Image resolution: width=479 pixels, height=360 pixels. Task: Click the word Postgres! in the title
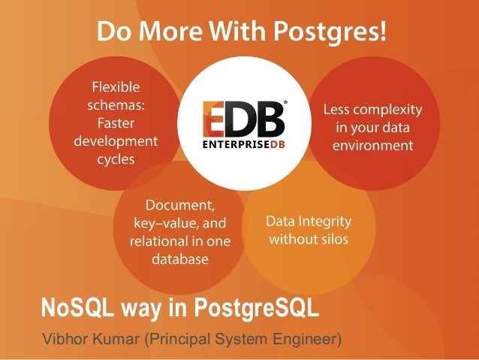326,32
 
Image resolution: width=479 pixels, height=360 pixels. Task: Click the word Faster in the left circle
115,123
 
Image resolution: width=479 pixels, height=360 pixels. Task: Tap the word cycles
115,159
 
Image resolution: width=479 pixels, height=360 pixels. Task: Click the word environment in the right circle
373,146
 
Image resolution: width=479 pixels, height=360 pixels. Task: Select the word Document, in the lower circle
179,204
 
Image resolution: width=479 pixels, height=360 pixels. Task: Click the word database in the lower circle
179,259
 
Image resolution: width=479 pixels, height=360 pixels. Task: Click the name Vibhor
65,338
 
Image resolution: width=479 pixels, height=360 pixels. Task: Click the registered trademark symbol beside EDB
285,104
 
